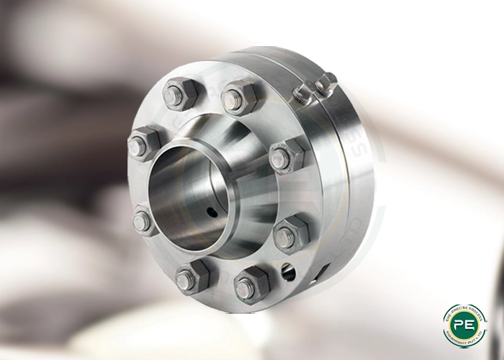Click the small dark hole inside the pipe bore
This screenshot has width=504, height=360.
click(x=210, y=212)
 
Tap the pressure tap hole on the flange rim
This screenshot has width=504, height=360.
click(x=288, y=271)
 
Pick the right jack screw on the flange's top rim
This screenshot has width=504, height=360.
click(x=325, y=81)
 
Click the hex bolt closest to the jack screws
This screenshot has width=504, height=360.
click(x=240, y=98)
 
